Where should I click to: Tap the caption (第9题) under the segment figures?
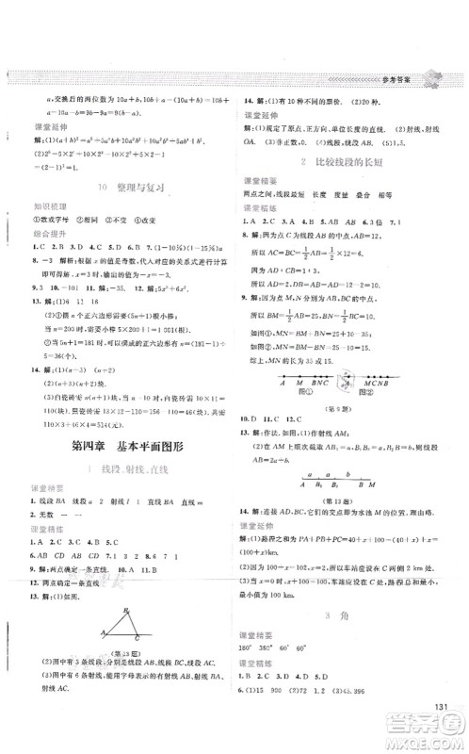click(x=343, y=409)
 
